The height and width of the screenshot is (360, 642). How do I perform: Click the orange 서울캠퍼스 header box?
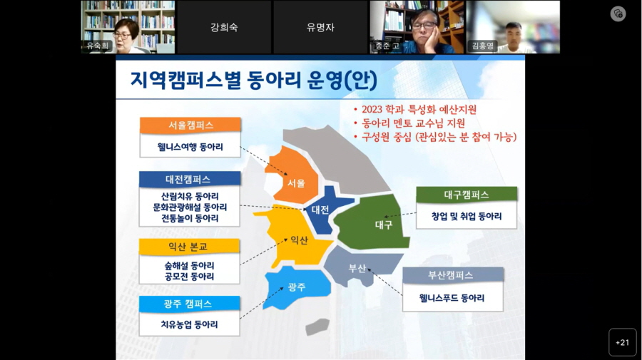pyautogui.click(x=190, y=125)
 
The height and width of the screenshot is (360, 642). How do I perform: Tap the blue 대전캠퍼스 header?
pyautogui.click(x=189, y=179)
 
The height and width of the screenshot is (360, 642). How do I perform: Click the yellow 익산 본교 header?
pyautogui.click(x=189, y=247)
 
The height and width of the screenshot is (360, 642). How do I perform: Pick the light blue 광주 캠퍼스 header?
pyautogui.click(x=189, y=304)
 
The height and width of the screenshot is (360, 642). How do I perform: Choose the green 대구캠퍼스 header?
pyautogui.click(x=466, y=195)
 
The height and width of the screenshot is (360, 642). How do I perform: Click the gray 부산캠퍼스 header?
pyautogui.click(x=452, y=275)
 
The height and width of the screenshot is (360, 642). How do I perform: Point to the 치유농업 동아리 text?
pyautogui.click(x=189, y=324)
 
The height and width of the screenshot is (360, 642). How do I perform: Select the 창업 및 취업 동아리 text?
pyautogui.click(x=466, y=216)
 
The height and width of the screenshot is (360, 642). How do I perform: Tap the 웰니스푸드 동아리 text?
pyautogui.click(x=452, y=298)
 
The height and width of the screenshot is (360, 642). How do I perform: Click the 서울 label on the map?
pyautogui.click(x=296, y=183)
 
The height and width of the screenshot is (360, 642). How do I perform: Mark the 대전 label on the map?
pyautogui.click(x=320, y=210)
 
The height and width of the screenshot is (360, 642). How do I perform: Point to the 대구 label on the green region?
pyautogui.click(x=384, y=224)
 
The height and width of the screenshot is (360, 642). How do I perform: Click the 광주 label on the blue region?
pyautogui.click(x=297, y=287)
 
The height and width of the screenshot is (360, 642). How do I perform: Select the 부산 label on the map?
pyautogui.click(x=357, y=269)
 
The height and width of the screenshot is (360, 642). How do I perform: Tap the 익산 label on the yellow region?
pyautogui.click(x=299, y=240)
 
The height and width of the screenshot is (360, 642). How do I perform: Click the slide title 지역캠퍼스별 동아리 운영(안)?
pyautogui.click(x=253, y=78)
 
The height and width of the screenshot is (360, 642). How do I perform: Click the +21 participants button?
pyautogui.click(x=622, y=342)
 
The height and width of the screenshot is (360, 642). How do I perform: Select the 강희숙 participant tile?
pyautogui.click(x=223, y=27)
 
